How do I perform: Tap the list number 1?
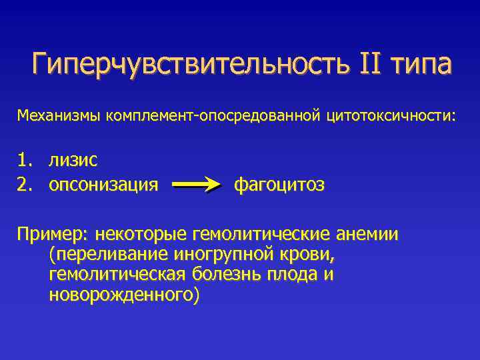pos(24,160)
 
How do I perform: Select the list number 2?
pos(24,183)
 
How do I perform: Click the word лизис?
pos(73,160)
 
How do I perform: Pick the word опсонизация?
pos(103,184)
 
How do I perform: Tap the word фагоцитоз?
pos(279,184)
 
